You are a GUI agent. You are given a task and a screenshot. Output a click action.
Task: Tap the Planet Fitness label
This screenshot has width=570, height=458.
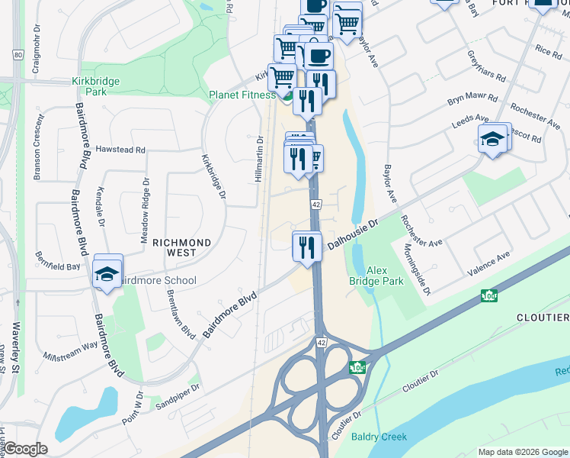pos(242,95)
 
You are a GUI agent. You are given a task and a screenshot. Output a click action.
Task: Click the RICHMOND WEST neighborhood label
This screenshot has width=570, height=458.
pos(182,243)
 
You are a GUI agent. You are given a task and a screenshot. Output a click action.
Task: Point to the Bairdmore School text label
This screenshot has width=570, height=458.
pos(156,281)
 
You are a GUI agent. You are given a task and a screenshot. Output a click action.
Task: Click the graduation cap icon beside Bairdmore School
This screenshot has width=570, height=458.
pos(107,273)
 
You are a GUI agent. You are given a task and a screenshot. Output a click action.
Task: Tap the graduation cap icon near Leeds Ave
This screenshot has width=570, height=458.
pos(492,139)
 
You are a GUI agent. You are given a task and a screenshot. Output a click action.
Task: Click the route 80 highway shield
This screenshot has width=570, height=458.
pos(18,55)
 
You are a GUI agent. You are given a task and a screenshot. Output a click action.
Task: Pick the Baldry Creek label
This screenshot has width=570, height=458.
pos(379,437)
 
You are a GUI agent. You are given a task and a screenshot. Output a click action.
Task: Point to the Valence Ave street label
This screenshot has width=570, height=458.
pos(488,263)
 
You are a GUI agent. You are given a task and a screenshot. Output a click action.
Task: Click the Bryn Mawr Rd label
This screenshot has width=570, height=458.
pos(472,100)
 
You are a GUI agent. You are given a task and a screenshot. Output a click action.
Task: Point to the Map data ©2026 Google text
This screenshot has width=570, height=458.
pos(522,452)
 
